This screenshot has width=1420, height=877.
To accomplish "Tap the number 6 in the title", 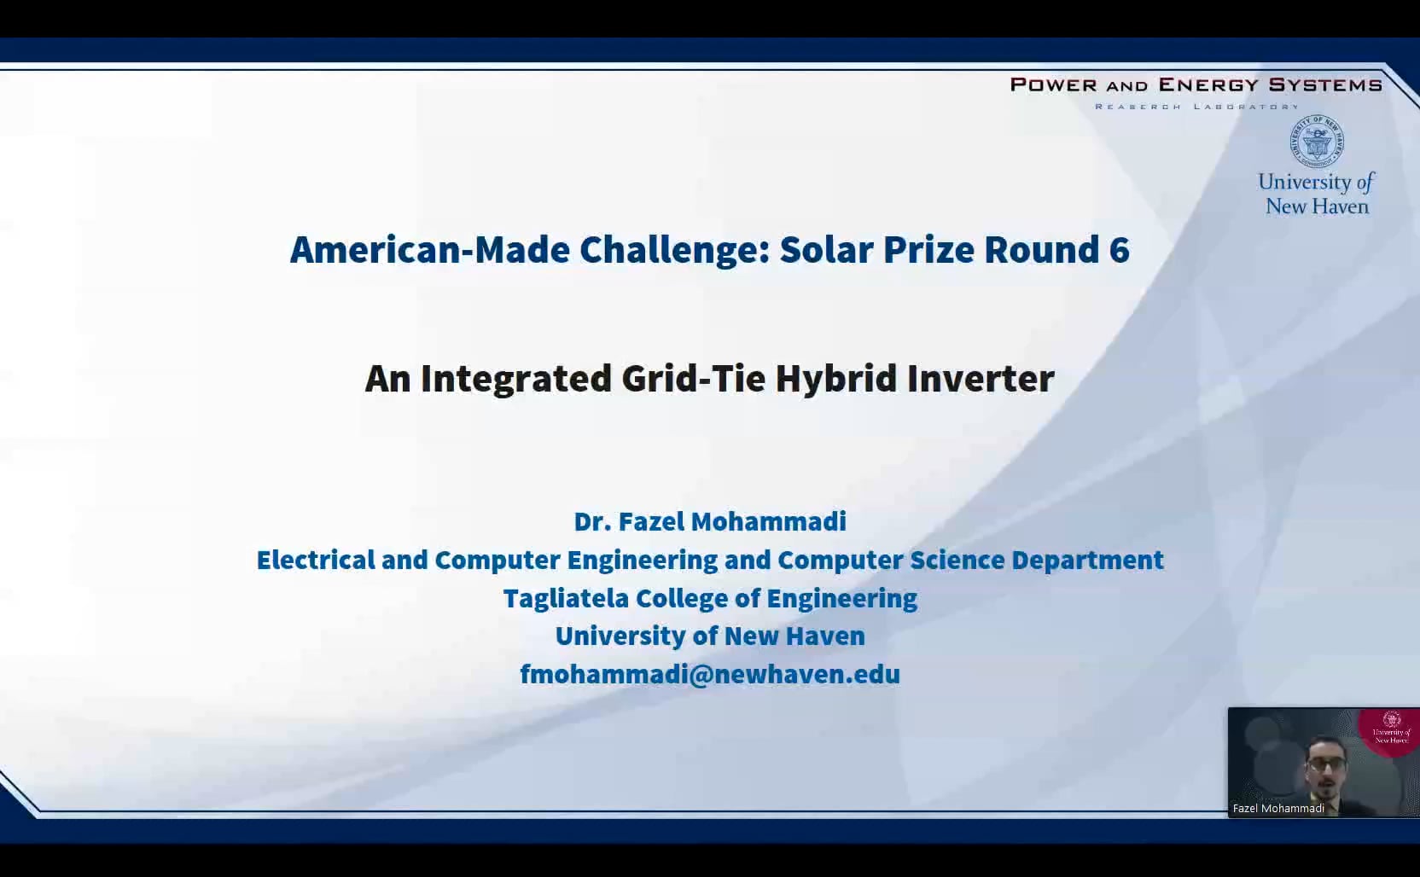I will (x=1119, y=250).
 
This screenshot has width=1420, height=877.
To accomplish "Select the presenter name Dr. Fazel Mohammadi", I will (x=710, y=521).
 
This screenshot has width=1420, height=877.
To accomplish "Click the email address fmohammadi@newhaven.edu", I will (x=710, y=674).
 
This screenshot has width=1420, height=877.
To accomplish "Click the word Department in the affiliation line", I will (x=1087, y=560).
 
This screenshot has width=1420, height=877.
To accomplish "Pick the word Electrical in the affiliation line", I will (x=316, y=560).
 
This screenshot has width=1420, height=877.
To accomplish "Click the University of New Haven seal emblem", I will (x=1317, y=142).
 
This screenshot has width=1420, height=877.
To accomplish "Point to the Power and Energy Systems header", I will (x=1196, y=84).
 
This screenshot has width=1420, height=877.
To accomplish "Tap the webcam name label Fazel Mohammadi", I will (x=1278, y=808).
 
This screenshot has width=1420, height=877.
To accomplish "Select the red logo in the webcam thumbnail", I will (x=1391, y=727).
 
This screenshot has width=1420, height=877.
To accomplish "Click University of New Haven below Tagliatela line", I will (x=710, y=636).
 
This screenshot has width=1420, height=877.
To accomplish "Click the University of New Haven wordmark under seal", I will (x=1317, y=195).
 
